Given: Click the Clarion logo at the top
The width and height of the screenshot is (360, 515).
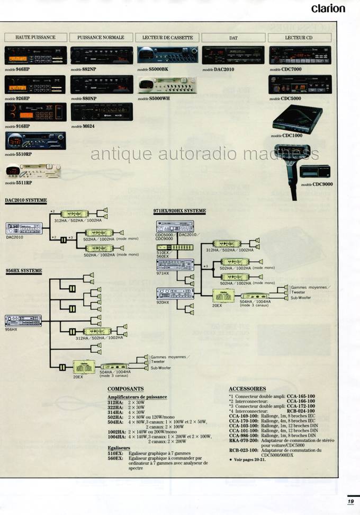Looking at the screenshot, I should pos(328,8).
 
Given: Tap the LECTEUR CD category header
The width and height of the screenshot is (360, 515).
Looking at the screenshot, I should pos(299,38).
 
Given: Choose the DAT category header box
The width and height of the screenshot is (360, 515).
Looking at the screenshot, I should pos(233,38).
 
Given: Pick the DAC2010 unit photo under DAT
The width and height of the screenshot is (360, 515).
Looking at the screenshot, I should pos(233,55).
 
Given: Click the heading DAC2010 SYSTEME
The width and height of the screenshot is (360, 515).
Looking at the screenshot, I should pos(26,200).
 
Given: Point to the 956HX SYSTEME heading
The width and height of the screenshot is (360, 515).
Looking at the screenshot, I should pos(23,271).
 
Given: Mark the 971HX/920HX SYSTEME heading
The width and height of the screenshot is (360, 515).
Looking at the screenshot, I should pos(179,211).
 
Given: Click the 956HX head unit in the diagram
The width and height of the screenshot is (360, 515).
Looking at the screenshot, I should pos(23,320).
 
